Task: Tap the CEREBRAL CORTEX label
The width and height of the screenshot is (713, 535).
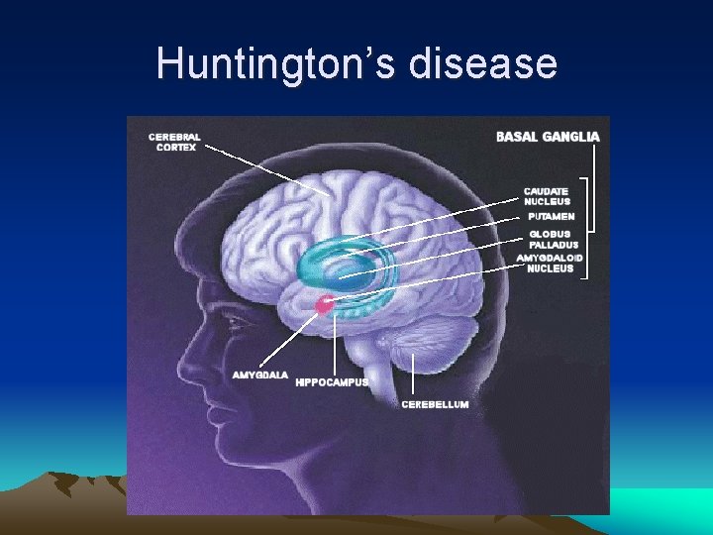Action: [174, 142]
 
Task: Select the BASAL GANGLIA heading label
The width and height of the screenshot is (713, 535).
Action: [547, 137]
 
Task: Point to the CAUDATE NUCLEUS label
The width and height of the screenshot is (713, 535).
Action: [547, 195]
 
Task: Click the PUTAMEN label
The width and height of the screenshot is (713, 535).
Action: [551, 216]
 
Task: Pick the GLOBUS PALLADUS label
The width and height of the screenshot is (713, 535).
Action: [553, 239]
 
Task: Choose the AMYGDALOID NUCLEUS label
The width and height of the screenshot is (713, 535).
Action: [550, 263]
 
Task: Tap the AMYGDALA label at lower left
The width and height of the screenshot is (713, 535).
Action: [260, 375]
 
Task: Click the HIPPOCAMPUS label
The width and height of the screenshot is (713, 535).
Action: [332, 382]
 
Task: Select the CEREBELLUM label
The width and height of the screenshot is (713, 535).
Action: [435, 404]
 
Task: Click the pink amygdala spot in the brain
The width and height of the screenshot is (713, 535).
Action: [323, 305]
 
